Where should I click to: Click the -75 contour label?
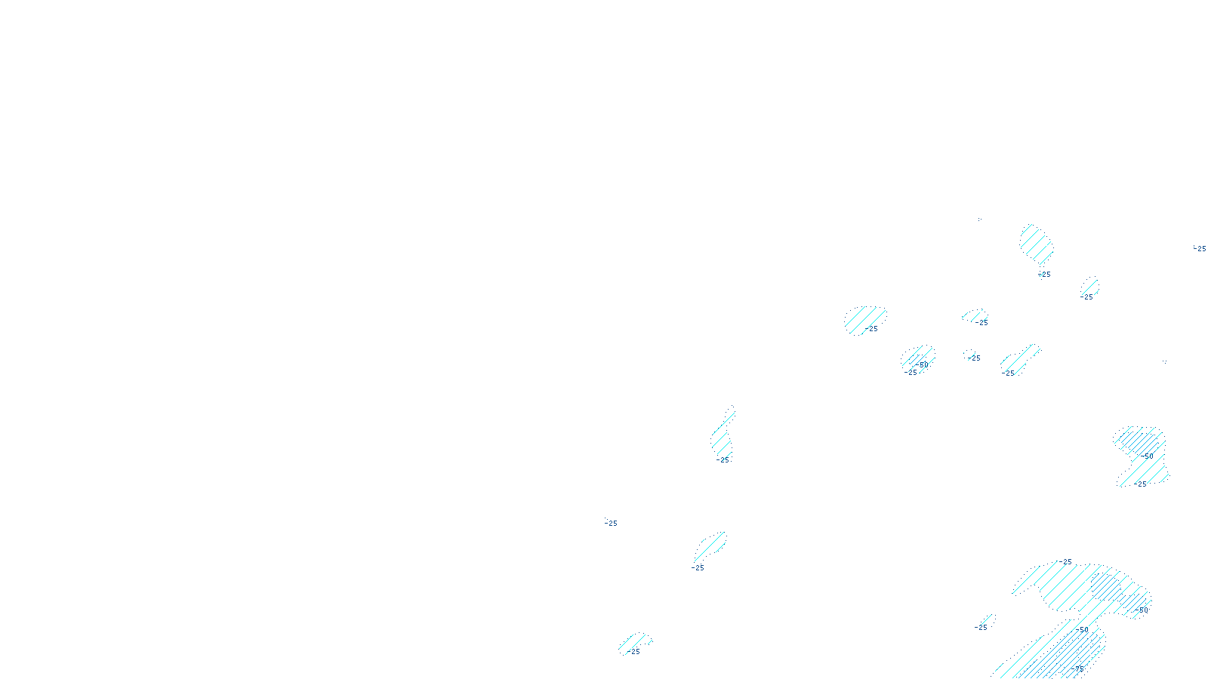point(1077,668)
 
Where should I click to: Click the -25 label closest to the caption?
point(633,651)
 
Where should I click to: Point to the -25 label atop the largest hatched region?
point(1065,562)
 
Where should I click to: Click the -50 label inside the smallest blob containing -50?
point(922,364)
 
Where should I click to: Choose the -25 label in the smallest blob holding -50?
point(911,372)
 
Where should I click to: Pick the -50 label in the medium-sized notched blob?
point(1147,456)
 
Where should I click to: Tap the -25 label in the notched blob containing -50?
point(1141,484)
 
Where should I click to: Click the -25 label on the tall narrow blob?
point(724,459)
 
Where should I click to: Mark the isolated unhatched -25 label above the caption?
point(611,523)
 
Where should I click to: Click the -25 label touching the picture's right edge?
point(1200,248)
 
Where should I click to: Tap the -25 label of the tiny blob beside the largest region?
point(981,627)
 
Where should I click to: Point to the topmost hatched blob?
point(1036,243)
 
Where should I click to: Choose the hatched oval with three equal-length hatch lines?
point(1089,286)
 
